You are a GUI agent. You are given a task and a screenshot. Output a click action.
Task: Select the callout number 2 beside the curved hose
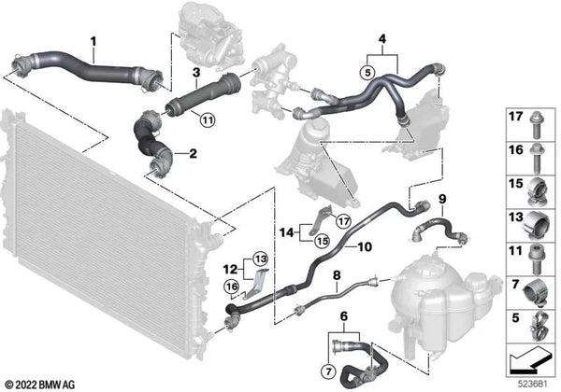click(193, 152)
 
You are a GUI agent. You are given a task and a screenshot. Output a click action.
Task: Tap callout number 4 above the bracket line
click(381, 38)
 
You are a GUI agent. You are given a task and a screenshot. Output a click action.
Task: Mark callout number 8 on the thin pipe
click(338, 276)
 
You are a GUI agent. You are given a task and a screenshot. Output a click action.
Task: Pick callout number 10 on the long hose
click(362, 246)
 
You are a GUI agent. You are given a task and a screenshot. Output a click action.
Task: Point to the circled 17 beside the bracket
click(319, 221)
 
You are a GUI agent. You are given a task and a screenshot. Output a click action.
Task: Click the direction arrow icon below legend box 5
click(529, 357)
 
